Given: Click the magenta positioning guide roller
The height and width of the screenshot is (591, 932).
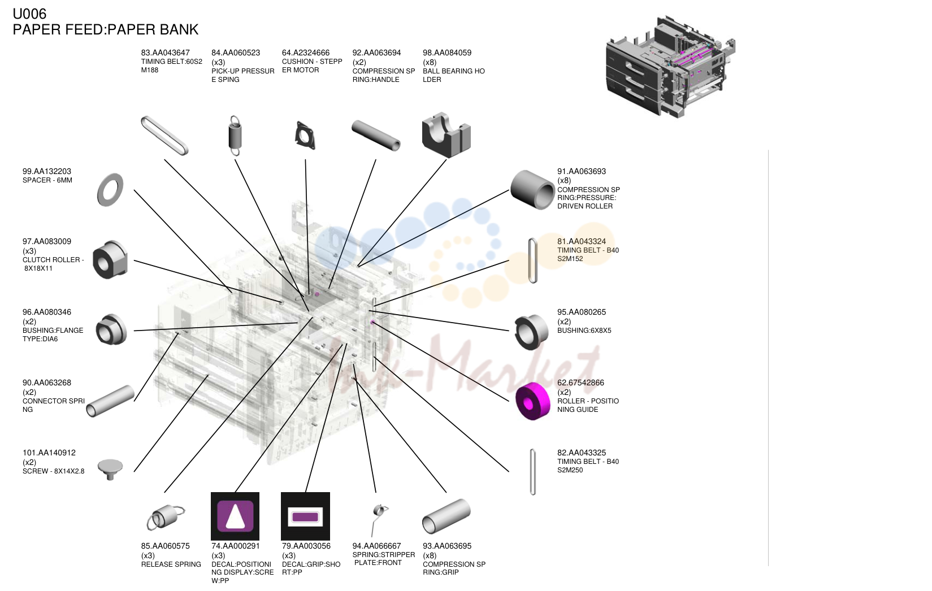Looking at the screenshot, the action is [532, 401].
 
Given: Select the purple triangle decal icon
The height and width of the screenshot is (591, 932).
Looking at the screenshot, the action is [235, 516].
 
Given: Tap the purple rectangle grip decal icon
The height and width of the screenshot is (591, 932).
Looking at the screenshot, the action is [305, 516].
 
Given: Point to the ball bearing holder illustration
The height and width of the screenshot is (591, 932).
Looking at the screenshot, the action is [447, 134].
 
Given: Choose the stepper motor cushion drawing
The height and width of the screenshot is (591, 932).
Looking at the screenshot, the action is [305, 135].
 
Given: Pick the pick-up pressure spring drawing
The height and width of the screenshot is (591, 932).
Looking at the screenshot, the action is [235, 135].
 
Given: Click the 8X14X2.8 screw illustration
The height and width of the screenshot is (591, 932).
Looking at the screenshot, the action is [110, 469].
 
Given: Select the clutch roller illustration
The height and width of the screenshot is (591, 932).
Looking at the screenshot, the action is [110, 259].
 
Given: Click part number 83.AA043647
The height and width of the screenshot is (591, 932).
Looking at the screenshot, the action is [165, 53].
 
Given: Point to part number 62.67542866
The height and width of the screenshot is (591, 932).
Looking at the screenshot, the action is [580, 383].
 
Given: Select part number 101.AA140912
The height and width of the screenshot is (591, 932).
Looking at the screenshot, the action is [49, 453].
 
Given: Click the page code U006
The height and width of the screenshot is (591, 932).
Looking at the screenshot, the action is [29, 14].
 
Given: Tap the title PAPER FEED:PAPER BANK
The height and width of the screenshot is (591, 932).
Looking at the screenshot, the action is [106, 29].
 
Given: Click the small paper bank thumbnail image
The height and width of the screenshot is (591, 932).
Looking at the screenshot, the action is [670, 67].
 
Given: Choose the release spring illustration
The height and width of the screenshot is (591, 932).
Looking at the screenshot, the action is [166, 518].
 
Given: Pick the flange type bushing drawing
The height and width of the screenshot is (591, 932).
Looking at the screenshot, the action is [111, 329].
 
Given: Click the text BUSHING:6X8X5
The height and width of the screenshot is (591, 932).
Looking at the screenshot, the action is [584, 331].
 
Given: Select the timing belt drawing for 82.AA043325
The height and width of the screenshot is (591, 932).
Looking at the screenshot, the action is [532, 472].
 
